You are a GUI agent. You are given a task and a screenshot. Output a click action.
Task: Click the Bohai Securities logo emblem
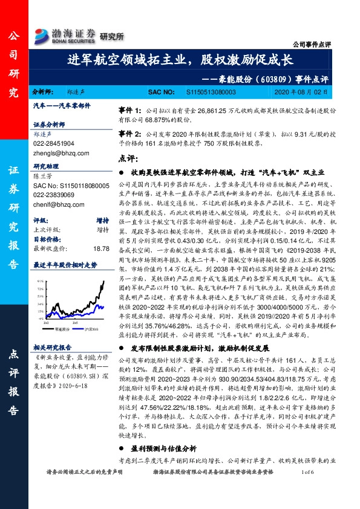coord(42,35)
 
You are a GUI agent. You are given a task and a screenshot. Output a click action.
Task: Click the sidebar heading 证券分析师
coord(50,125)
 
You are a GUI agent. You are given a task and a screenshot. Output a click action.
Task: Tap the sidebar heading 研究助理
coord(47,166)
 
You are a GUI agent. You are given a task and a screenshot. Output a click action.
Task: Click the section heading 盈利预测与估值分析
coord(163,449)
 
